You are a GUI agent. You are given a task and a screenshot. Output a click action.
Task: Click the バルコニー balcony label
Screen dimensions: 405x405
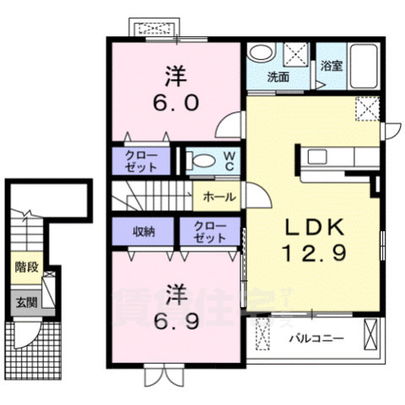tap(318, 338)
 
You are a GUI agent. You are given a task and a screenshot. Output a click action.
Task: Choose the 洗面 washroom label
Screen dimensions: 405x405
tap(278, 77)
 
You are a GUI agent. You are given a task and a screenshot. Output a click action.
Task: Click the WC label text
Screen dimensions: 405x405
tap(229, 160)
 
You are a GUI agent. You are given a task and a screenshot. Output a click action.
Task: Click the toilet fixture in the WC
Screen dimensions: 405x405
tap(199, 159)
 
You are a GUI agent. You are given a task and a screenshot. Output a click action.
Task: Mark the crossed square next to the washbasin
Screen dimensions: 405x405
tap(295, 56)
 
